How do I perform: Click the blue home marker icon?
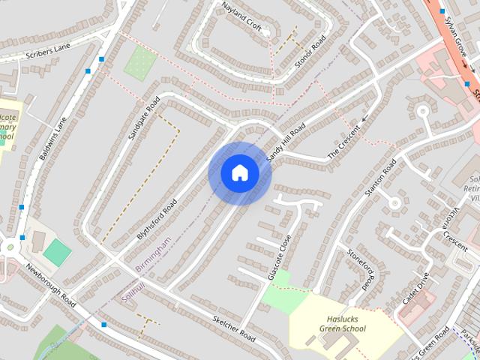pos(239,173)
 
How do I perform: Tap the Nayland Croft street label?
pos(242,16)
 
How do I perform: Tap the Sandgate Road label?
pos(145,119)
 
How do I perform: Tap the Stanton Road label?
pos(379,177)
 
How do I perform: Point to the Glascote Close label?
pos(278,256)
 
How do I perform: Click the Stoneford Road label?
pos(359,268)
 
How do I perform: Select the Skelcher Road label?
pos(233,328)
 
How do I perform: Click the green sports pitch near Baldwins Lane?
pos(56,252)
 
